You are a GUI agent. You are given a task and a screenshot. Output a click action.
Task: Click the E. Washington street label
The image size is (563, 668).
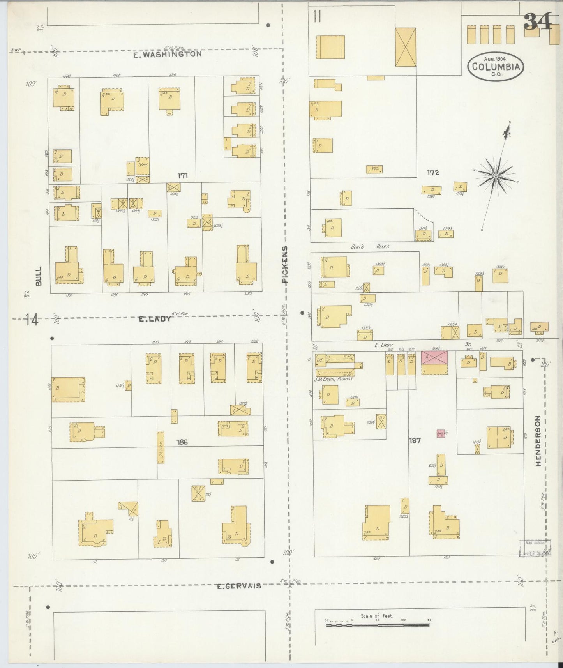pos(167,55)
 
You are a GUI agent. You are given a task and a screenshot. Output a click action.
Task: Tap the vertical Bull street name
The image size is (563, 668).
pos(39,276)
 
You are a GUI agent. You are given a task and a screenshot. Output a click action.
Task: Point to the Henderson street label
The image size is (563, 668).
pos(538,440)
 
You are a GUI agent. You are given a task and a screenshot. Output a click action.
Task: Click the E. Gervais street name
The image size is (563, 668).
pos(238,586)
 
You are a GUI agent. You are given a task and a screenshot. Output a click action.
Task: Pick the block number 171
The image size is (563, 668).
pos(183,176)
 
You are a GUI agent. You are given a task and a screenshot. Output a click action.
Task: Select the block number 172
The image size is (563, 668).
pos(432,172)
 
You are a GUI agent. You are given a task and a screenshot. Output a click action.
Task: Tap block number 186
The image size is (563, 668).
pos(182,442)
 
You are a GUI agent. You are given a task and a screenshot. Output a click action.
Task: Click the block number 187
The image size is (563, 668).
pos(415,440)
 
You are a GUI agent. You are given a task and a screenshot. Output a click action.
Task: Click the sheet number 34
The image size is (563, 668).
pos(538,22)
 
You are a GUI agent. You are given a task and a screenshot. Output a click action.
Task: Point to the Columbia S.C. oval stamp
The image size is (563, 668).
pos(496,66)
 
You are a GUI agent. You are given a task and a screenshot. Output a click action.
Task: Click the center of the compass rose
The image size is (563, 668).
pos(496,177)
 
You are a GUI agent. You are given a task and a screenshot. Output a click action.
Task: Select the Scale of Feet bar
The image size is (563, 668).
pos(377,625)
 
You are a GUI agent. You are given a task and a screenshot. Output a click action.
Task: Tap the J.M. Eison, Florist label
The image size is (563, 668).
pos(334,378)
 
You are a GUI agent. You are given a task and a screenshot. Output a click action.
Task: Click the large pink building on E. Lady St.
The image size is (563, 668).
pos(434,358)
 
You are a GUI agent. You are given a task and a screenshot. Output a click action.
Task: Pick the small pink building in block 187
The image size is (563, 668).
pos(441,433)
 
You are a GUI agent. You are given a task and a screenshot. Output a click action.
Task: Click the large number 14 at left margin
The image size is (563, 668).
pos(33,320)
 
